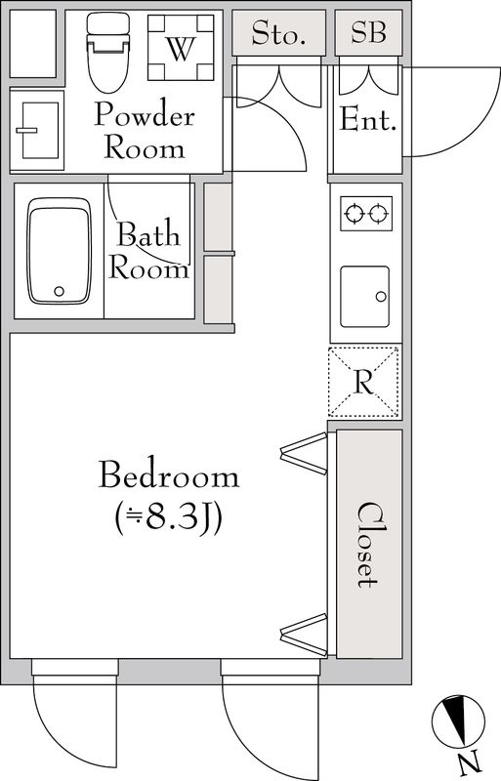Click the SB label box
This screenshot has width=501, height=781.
pos(369,34)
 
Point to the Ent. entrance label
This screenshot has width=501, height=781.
pos(368,122)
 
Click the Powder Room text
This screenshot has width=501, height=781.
pos(145,133)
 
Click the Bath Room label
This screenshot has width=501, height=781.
pos(148,251)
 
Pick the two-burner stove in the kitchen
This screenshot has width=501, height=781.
pos(366,212)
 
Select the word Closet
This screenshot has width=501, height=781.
pos(368,544)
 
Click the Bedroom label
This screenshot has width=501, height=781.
pos(169,476)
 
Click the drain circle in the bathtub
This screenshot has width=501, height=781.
pos(60,291)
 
